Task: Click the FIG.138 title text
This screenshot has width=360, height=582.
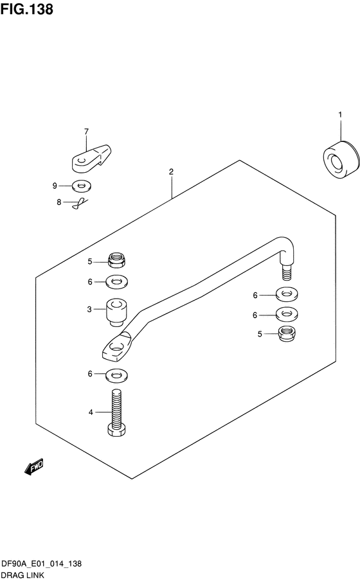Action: pos(27,9)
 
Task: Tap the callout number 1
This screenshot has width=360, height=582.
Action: pos(340,115)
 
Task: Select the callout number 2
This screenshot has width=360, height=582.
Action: pos(171,172)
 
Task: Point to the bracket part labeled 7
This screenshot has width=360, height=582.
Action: pos(91,159)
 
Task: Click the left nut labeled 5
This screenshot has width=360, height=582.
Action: pos(116,259)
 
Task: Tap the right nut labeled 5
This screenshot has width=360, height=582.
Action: pos(287,333)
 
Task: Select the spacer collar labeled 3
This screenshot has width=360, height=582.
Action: pos(116,312)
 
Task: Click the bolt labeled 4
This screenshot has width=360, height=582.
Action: pos(116,412)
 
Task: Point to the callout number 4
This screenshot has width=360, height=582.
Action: pos(91,412)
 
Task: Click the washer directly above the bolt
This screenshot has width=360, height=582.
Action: pos(116,375)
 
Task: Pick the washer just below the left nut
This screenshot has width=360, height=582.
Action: pos(116,282)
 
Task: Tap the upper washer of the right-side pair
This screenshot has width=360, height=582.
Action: pos(287,294)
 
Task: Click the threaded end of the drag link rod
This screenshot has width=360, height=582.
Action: pos(287,272)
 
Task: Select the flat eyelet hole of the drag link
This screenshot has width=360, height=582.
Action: pos(116,347)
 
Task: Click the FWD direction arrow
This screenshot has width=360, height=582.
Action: pos(34,466)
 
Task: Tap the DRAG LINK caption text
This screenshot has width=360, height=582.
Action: pos(22,576)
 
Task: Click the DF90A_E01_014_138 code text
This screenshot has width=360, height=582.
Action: pos(41,563)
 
